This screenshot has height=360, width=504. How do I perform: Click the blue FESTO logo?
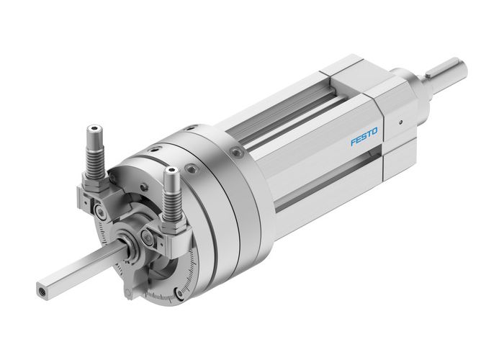tap(364, 136)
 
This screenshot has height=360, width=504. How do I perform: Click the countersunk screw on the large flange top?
tap(235, 153)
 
